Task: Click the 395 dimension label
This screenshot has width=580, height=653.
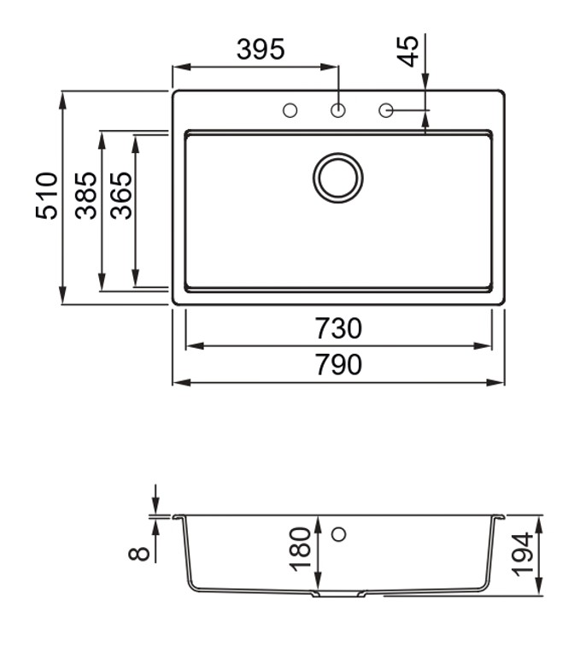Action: (x=261, y=50)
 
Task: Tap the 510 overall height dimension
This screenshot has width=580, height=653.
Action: (x=48, y=196)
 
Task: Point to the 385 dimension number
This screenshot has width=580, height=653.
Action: (x=86, y=196)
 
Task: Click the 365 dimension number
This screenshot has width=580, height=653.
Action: (x=121, y=196)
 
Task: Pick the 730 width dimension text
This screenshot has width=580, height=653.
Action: (x=338, y=328)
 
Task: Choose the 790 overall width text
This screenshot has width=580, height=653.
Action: (x=338, y=365)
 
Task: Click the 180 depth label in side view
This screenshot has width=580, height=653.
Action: (x=301, y=549)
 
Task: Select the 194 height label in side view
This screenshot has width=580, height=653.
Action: (x=522, y=553)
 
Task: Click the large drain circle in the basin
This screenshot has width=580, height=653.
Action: (x=338, y=179)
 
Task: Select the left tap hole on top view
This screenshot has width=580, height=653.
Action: (x=290, y=110)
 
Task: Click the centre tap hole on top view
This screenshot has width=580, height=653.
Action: (x=338, y=110)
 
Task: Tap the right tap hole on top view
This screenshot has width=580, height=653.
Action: (x=385, y=110)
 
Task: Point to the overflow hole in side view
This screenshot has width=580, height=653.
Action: (x=338, y=535)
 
